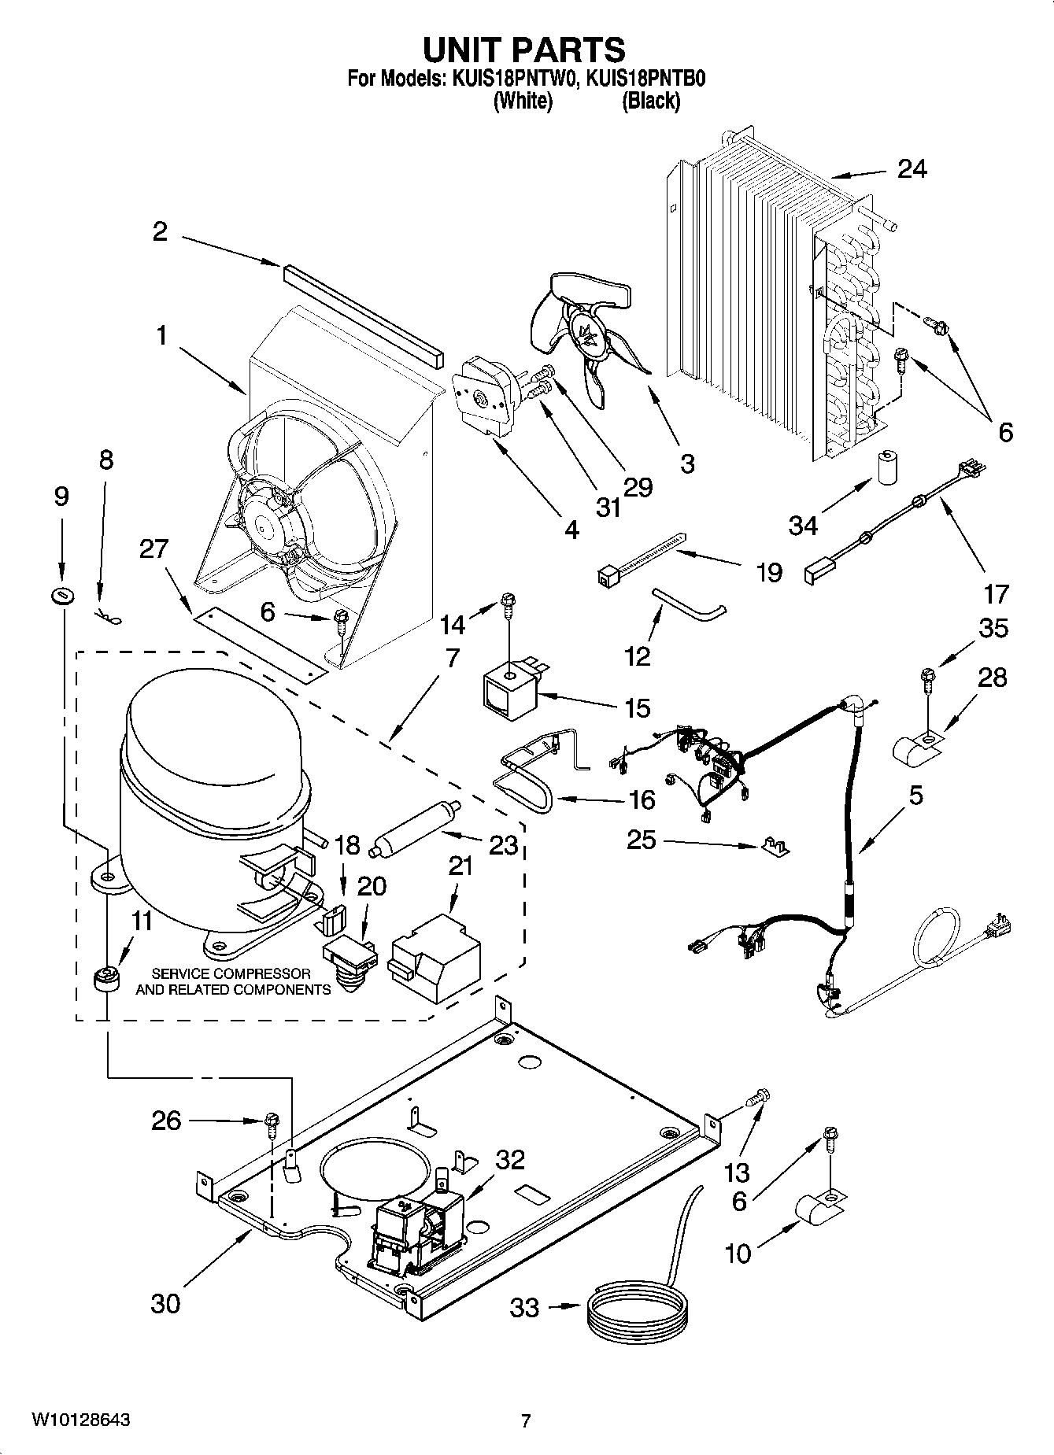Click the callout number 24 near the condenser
(x=912, y=169)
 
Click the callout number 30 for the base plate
(x=165, y=1303)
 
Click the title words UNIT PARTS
(x=524, y=49)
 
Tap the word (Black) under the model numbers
(x=651, y=101)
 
